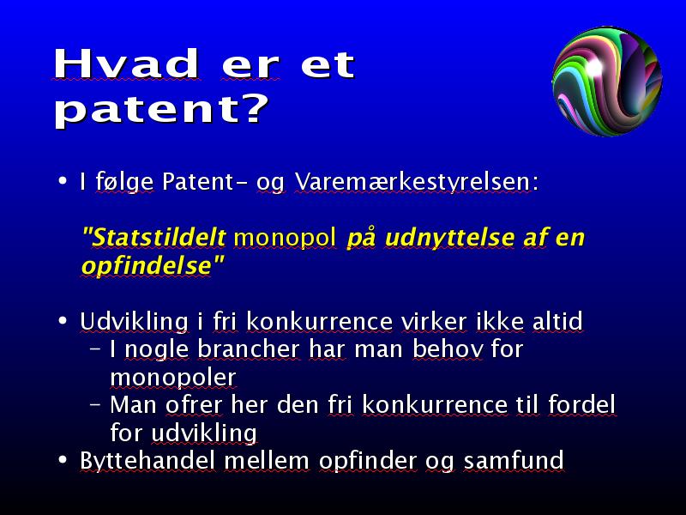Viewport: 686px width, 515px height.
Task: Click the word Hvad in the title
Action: click(126, 64)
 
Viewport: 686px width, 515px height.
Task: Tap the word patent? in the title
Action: click(161, 110)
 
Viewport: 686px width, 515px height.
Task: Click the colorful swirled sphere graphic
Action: click(607, 81)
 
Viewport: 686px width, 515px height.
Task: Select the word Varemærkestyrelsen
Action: click(417, 181)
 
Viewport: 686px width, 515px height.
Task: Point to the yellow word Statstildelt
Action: click(154, 238)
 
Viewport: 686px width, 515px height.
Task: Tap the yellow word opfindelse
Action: click(147, 266)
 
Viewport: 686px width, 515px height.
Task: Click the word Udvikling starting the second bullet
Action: click(135, 322)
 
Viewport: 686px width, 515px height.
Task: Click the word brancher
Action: click(249, 349)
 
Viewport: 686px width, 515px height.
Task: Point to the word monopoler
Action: click(173, 378)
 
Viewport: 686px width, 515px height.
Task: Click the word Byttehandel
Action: click(147, 461)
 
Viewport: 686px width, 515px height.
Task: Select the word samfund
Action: click(513, 461)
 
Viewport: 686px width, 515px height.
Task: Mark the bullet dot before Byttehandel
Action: click(63, 460)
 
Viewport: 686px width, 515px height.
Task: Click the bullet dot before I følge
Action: click(63, 180)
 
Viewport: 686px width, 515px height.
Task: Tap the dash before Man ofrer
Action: click(95, 403)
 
